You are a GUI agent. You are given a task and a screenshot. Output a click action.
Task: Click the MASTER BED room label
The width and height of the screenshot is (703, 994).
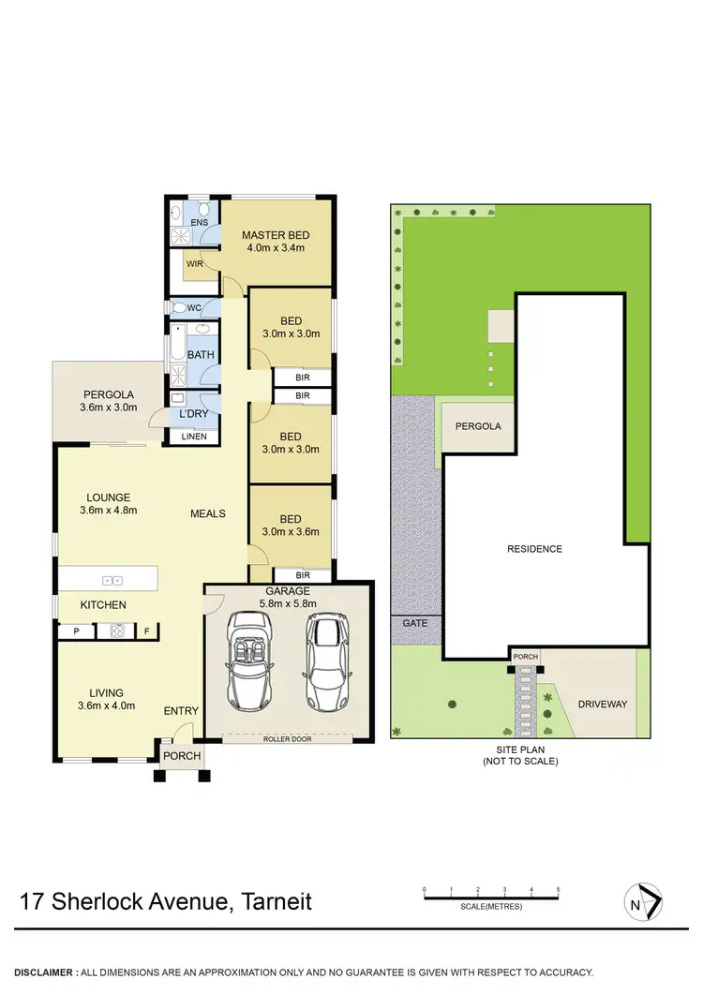click(276, 235)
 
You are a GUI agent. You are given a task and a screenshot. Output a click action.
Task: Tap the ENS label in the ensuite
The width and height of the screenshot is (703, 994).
click(200, 222)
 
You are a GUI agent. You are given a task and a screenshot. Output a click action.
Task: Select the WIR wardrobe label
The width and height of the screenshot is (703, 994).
click(195, 264)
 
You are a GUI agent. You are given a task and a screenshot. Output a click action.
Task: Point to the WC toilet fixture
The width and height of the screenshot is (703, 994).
click(179, 307)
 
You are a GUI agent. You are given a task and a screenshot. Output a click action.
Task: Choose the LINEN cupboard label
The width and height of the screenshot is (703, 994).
click(194, 437)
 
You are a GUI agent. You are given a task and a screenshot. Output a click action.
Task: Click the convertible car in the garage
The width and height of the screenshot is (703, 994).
click(249, 660)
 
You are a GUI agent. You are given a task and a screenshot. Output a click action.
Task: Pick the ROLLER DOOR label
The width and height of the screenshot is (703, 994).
click(287, 739)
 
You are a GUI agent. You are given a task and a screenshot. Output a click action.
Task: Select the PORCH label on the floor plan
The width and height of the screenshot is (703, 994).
click(182, 756)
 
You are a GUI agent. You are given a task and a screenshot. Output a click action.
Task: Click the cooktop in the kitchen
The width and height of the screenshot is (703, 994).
click(117, 631)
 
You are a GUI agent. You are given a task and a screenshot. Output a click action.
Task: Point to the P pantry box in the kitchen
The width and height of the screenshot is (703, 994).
click(74, 632)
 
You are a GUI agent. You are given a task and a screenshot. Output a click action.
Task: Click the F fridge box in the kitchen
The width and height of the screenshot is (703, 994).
click(146, 632)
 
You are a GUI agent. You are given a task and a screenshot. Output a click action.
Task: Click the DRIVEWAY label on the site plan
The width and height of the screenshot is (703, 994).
click(602, 704)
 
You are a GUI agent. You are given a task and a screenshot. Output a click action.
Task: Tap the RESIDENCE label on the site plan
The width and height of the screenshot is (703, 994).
click(534, 549)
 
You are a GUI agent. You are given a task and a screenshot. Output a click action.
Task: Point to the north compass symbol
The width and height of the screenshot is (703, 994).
click(643, 902)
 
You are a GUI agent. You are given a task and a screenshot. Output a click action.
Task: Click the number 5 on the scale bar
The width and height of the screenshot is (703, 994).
click(558, 889)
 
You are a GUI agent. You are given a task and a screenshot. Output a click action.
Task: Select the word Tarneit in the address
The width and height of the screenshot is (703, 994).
click(277, 902)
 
